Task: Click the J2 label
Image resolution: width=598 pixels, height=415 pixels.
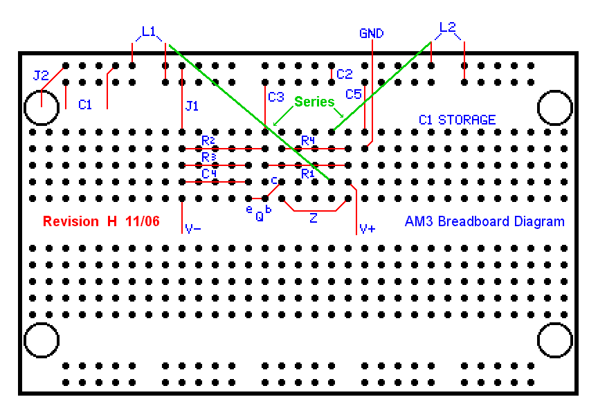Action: point(41,75)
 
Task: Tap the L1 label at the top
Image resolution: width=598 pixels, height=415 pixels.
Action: point(149,31)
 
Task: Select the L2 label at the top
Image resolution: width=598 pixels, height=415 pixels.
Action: point(448,28)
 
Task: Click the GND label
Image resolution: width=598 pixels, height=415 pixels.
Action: point(372,33)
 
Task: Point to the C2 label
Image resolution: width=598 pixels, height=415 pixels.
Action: point(345,74)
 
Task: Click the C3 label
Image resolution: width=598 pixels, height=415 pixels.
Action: point(276,96)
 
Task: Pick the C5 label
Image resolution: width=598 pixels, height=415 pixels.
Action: point(354,93)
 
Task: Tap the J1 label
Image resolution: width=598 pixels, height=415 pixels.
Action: point(192,106)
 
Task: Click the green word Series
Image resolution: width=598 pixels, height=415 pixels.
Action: point(314,102)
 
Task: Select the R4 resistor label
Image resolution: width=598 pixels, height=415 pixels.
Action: point(308,140)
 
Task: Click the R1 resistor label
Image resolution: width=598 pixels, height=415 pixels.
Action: point(308,174)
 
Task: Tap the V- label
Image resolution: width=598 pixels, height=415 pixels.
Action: point(193,229)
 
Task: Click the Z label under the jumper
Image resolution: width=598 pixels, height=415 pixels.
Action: point(314,219)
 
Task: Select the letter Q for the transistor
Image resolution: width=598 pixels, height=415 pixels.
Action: point(260,216)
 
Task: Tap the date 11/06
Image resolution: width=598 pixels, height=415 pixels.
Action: point(143,222)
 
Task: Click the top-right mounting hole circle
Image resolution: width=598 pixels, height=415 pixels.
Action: point(555,108)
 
